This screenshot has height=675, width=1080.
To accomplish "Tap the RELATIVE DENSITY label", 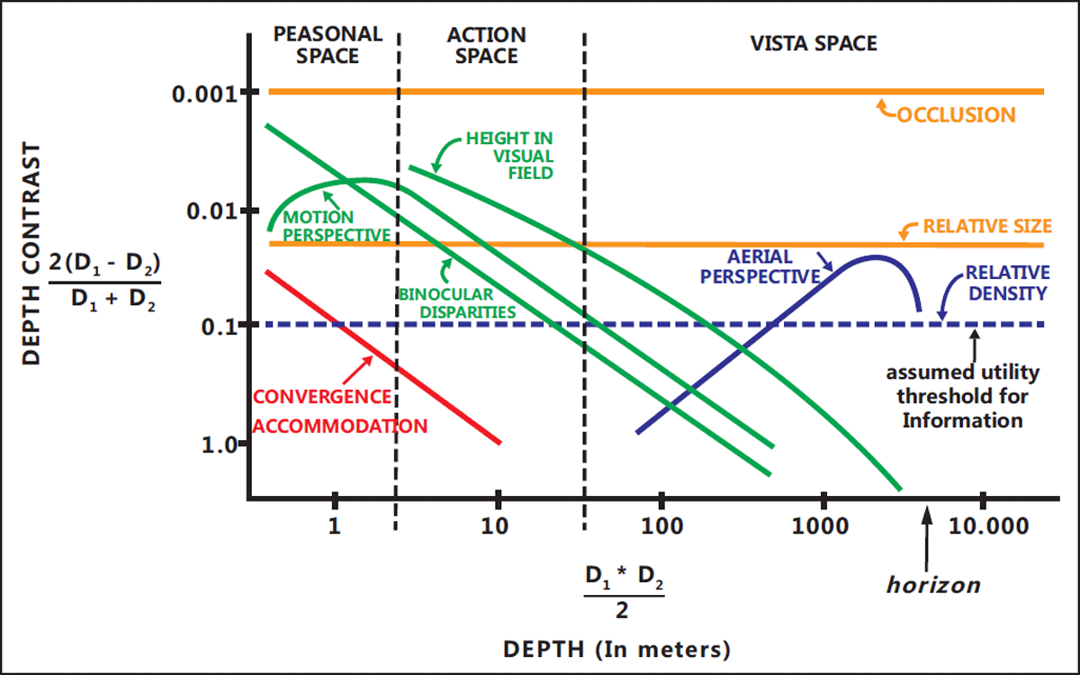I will (1007, 283).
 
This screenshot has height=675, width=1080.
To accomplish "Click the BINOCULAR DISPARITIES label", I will (458, 303).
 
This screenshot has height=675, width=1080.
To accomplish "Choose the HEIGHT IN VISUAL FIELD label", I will (508, 155).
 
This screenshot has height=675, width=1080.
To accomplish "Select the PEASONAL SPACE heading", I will (328, 45).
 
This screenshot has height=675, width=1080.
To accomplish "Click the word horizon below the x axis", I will (932, 585).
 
